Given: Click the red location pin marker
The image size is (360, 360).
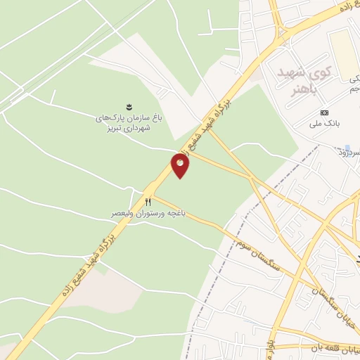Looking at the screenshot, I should click(180, 165).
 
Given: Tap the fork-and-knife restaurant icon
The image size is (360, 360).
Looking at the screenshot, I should click(148, 202).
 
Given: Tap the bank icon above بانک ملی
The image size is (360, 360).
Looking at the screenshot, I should click(324, 112).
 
